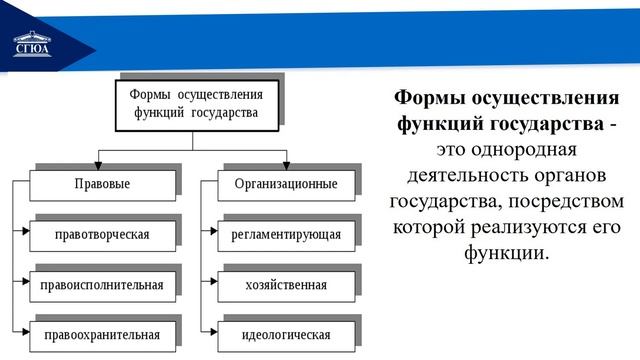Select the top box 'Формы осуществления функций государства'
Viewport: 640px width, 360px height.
click(194, 102)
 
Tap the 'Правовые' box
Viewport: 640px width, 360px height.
click(103, 185)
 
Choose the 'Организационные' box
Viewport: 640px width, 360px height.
click(286, 185)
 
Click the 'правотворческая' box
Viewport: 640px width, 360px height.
click(103, 235)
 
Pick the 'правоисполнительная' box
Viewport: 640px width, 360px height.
click(103, 285)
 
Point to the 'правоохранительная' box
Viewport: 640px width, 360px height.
click(103, 334)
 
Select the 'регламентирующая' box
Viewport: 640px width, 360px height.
click(286, 235)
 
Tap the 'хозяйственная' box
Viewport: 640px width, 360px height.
click(286, 285)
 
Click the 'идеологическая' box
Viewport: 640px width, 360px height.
click(286, 334)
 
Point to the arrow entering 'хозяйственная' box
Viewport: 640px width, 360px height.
click(211, 285)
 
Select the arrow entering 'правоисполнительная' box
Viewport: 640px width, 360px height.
click(26, 285)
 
